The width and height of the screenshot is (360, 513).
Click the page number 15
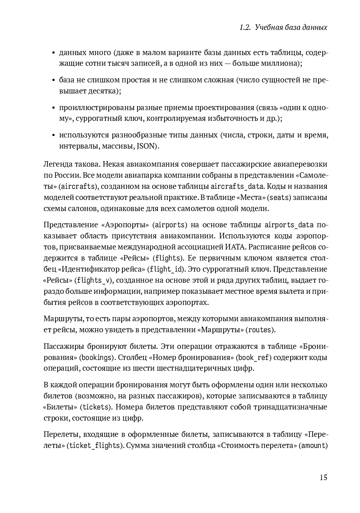coord(323,478)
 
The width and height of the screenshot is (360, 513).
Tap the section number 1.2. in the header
coord(245,28)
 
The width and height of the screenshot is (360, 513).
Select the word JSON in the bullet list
coord(146,146)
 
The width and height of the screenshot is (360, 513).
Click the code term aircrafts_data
coord(237,186)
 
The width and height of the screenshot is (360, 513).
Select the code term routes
coord(259,330)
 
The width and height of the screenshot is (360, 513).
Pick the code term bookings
coord(96,358)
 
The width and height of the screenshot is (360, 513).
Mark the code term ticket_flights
coord(95,446)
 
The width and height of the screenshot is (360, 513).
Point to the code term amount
coord(313,446)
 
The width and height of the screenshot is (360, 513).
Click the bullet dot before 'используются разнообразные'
coord(54,136)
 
